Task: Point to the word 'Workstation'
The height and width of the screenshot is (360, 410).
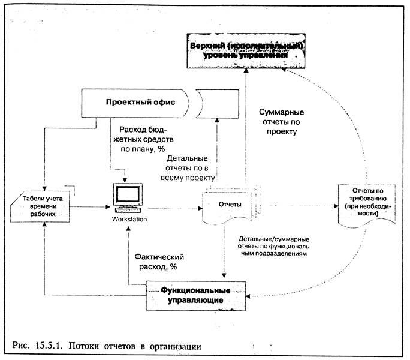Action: click(129, 220)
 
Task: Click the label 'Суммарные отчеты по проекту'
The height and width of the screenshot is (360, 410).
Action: click(280, 122)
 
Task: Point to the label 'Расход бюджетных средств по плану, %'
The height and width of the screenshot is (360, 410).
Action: click(146, 140)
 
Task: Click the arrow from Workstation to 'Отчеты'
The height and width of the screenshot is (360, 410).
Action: click(174, 208)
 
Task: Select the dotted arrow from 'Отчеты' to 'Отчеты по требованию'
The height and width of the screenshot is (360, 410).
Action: click(300, 205)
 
